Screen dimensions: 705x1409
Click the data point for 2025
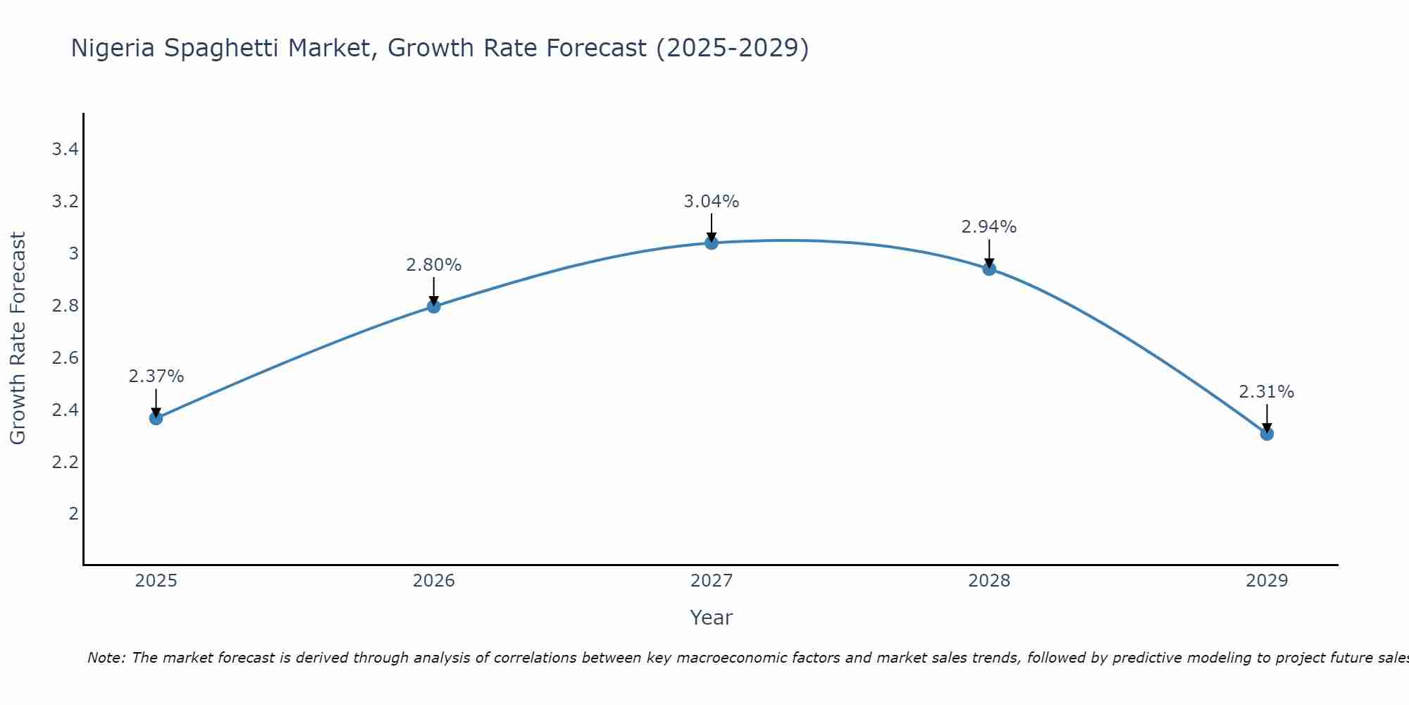click(x=156, y=418)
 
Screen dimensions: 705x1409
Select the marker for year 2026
click(x=433, y=306)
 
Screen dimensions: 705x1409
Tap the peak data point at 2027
click(x=712, y=243)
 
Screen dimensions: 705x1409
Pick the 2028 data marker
click(x=989, y=269)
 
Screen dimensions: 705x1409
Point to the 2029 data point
click(x=1267, y=434)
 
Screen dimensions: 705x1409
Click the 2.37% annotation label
click(x=156, y=376)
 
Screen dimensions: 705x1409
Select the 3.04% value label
click(x=712, y=202)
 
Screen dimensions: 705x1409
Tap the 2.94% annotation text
click(x=989, y=227)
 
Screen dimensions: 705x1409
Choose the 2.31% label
click(x=1267, y=392)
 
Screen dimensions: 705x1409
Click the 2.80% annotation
click(x=433, y=265)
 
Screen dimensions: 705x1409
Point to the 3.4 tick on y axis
click(x=65, y=149)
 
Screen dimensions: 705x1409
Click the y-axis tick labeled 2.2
click(x=65, y=462)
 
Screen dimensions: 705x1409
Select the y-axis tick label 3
click(x=73, y=254)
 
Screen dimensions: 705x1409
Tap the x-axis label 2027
click(x=712, y=581)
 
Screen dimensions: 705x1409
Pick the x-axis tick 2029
click(x=1267, y=581)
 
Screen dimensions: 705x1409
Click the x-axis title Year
click(x=712, y=618)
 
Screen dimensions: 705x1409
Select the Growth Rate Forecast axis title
click(x=18, y=338)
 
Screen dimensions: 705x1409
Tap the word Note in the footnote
click(x=106, y=658)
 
